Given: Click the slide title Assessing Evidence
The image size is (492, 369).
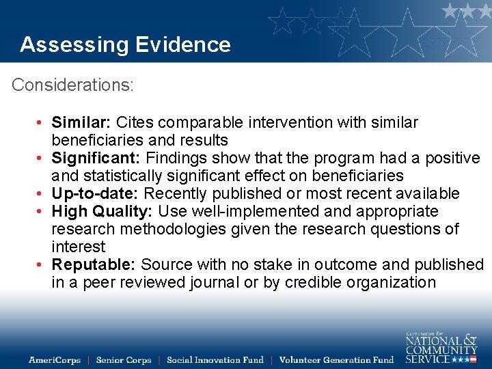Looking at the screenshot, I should tap(125, 44).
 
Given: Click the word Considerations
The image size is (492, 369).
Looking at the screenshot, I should tap(72, 85).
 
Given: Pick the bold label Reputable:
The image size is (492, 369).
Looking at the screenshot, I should tap(94, 265).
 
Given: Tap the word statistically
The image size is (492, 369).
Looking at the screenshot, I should tap(123, 176).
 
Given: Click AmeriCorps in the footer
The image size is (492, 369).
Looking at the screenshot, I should tap(55, 360).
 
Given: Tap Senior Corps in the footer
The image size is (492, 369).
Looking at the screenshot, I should tap(124, 360).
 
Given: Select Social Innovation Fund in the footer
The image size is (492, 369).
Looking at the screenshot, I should tap(215, 360).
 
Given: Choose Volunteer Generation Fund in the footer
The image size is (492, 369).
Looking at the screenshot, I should tap(337, 360).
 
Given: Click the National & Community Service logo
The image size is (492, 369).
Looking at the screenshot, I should tap(441, 348).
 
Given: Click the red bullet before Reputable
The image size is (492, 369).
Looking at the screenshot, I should tap(42, 265).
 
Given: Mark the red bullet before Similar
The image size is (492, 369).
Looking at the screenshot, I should tap(42, 123).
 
